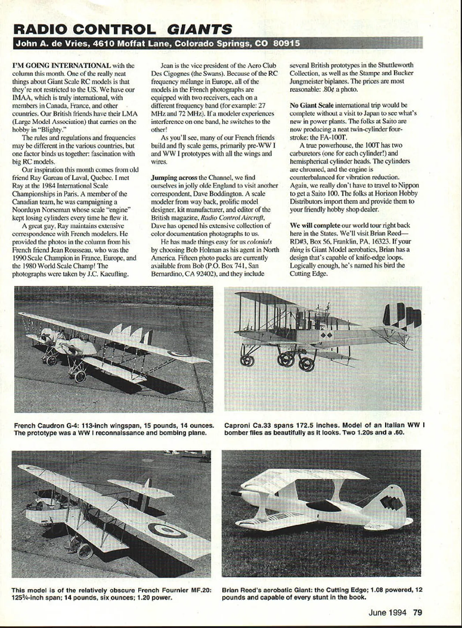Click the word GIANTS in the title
[x=199, y=29]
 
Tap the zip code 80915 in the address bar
[x=286, y=44]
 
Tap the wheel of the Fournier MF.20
[x=84, y=550]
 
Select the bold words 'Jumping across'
[x=169, y=178]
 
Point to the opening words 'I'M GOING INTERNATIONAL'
[x=61, y=65]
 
